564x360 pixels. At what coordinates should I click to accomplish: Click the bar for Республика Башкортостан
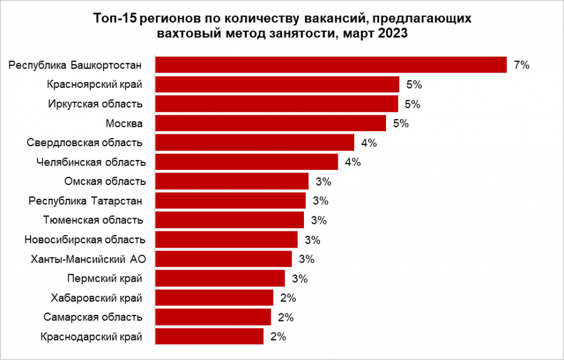pos(331,65)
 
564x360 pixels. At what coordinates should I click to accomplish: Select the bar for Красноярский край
pos(277,84)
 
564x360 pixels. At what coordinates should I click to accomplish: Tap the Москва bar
pos(271,123)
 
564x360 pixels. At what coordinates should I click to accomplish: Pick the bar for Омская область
pos(232,181)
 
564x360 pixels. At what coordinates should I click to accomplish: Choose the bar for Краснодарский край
pos(209,337)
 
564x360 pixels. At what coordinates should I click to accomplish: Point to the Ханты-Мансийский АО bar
pos(224,259)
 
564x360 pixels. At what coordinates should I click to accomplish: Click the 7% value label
pos(521,65)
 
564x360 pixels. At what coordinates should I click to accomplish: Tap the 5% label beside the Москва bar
pos(400,123)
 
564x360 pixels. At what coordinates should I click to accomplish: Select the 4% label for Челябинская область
pos(353,162)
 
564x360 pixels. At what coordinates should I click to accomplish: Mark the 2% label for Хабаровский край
pos(288,298)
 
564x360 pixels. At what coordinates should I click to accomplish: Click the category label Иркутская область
pos(95,103)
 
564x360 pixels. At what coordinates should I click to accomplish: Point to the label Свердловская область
pos(85,142)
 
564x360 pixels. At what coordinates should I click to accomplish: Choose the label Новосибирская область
pos(85,240)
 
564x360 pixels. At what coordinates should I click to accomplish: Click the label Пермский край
pos(103,278)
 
